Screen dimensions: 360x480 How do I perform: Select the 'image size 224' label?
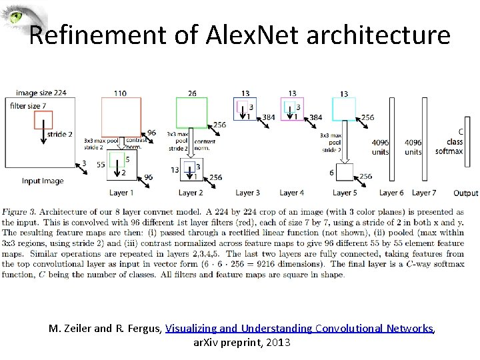[41, 93]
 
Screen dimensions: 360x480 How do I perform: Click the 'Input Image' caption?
[43, 181]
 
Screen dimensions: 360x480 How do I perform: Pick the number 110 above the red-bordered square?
[120, 93]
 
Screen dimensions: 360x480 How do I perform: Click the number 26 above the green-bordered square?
[192, 93]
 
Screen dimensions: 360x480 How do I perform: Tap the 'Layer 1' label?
[122, 193]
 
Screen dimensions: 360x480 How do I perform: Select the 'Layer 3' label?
[247, 193]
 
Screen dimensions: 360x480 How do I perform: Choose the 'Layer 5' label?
[343, 193]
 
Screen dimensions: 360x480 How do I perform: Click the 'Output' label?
[465, 193]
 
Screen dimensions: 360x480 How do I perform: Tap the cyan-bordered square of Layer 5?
[344, 109]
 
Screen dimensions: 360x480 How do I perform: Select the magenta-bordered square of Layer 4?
[293, 109]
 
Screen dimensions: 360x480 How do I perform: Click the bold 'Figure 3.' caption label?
[20, 212]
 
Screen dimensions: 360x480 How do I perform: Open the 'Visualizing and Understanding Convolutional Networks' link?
[299, 329]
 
